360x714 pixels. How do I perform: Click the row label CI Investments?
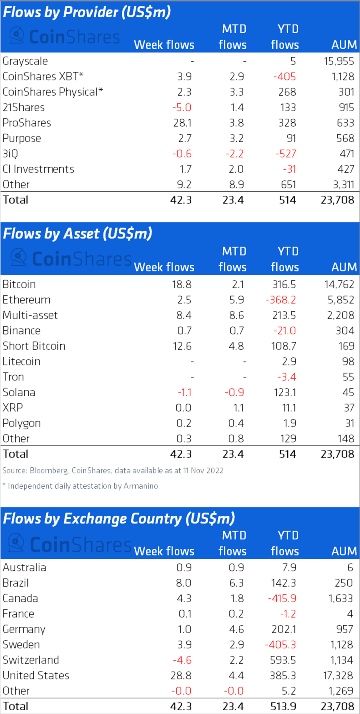[38, 169]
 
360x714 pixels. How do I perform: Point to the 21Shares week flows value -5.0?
[182, 107]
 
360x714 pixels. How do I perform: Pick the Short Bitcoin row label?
[34, 346]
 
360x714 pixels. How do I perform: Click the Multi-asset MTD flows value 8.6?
[237, 315]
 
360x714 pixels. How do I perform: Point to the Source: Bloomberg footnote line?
[113, 470]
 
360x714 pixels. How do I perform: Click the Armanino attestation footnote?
[80, 486]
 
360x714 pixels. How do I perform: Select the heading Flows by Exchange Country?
[119, 518]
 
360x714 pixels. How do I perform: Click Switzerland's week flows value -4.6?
[182, 660]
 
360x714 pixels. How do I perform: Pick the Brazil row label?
[16, 583]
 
